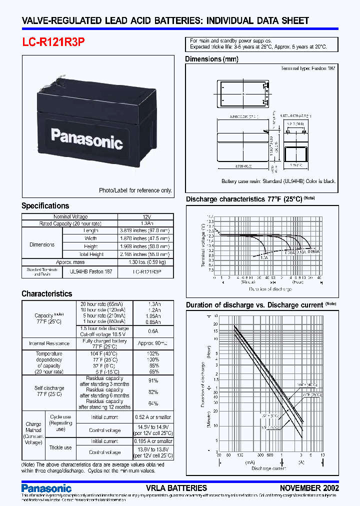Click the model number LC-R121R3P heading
pos(53,42)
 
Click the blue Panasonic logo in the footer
pos(46,488)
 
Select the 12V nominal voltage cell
pos(146,217)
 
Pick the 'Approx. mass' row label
pos(69,262)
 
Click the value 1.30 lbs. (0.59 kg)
pos(146,262)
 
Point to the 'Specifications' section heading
pos(45,206)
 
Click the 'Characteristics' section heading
pos(46,294)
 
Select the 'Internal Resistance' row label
pos(49,344)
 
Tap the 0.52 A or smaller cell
pos(152,417)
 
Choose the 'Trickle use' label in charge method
pos(60,447)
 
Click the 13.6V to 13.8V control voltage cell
pos(152,452)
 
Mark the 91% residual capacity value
pos(153,381)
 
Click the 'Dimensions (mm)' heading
pos(211,59)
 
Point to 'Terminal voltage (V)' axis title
pos(203,245)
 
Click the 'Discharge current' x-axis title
pos(268,468)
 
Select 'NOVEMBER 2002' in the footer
pos(309,488)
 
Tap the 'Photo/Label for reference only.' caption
pos(135,190)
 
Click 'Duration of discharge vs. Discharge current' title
pos(254,305)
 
